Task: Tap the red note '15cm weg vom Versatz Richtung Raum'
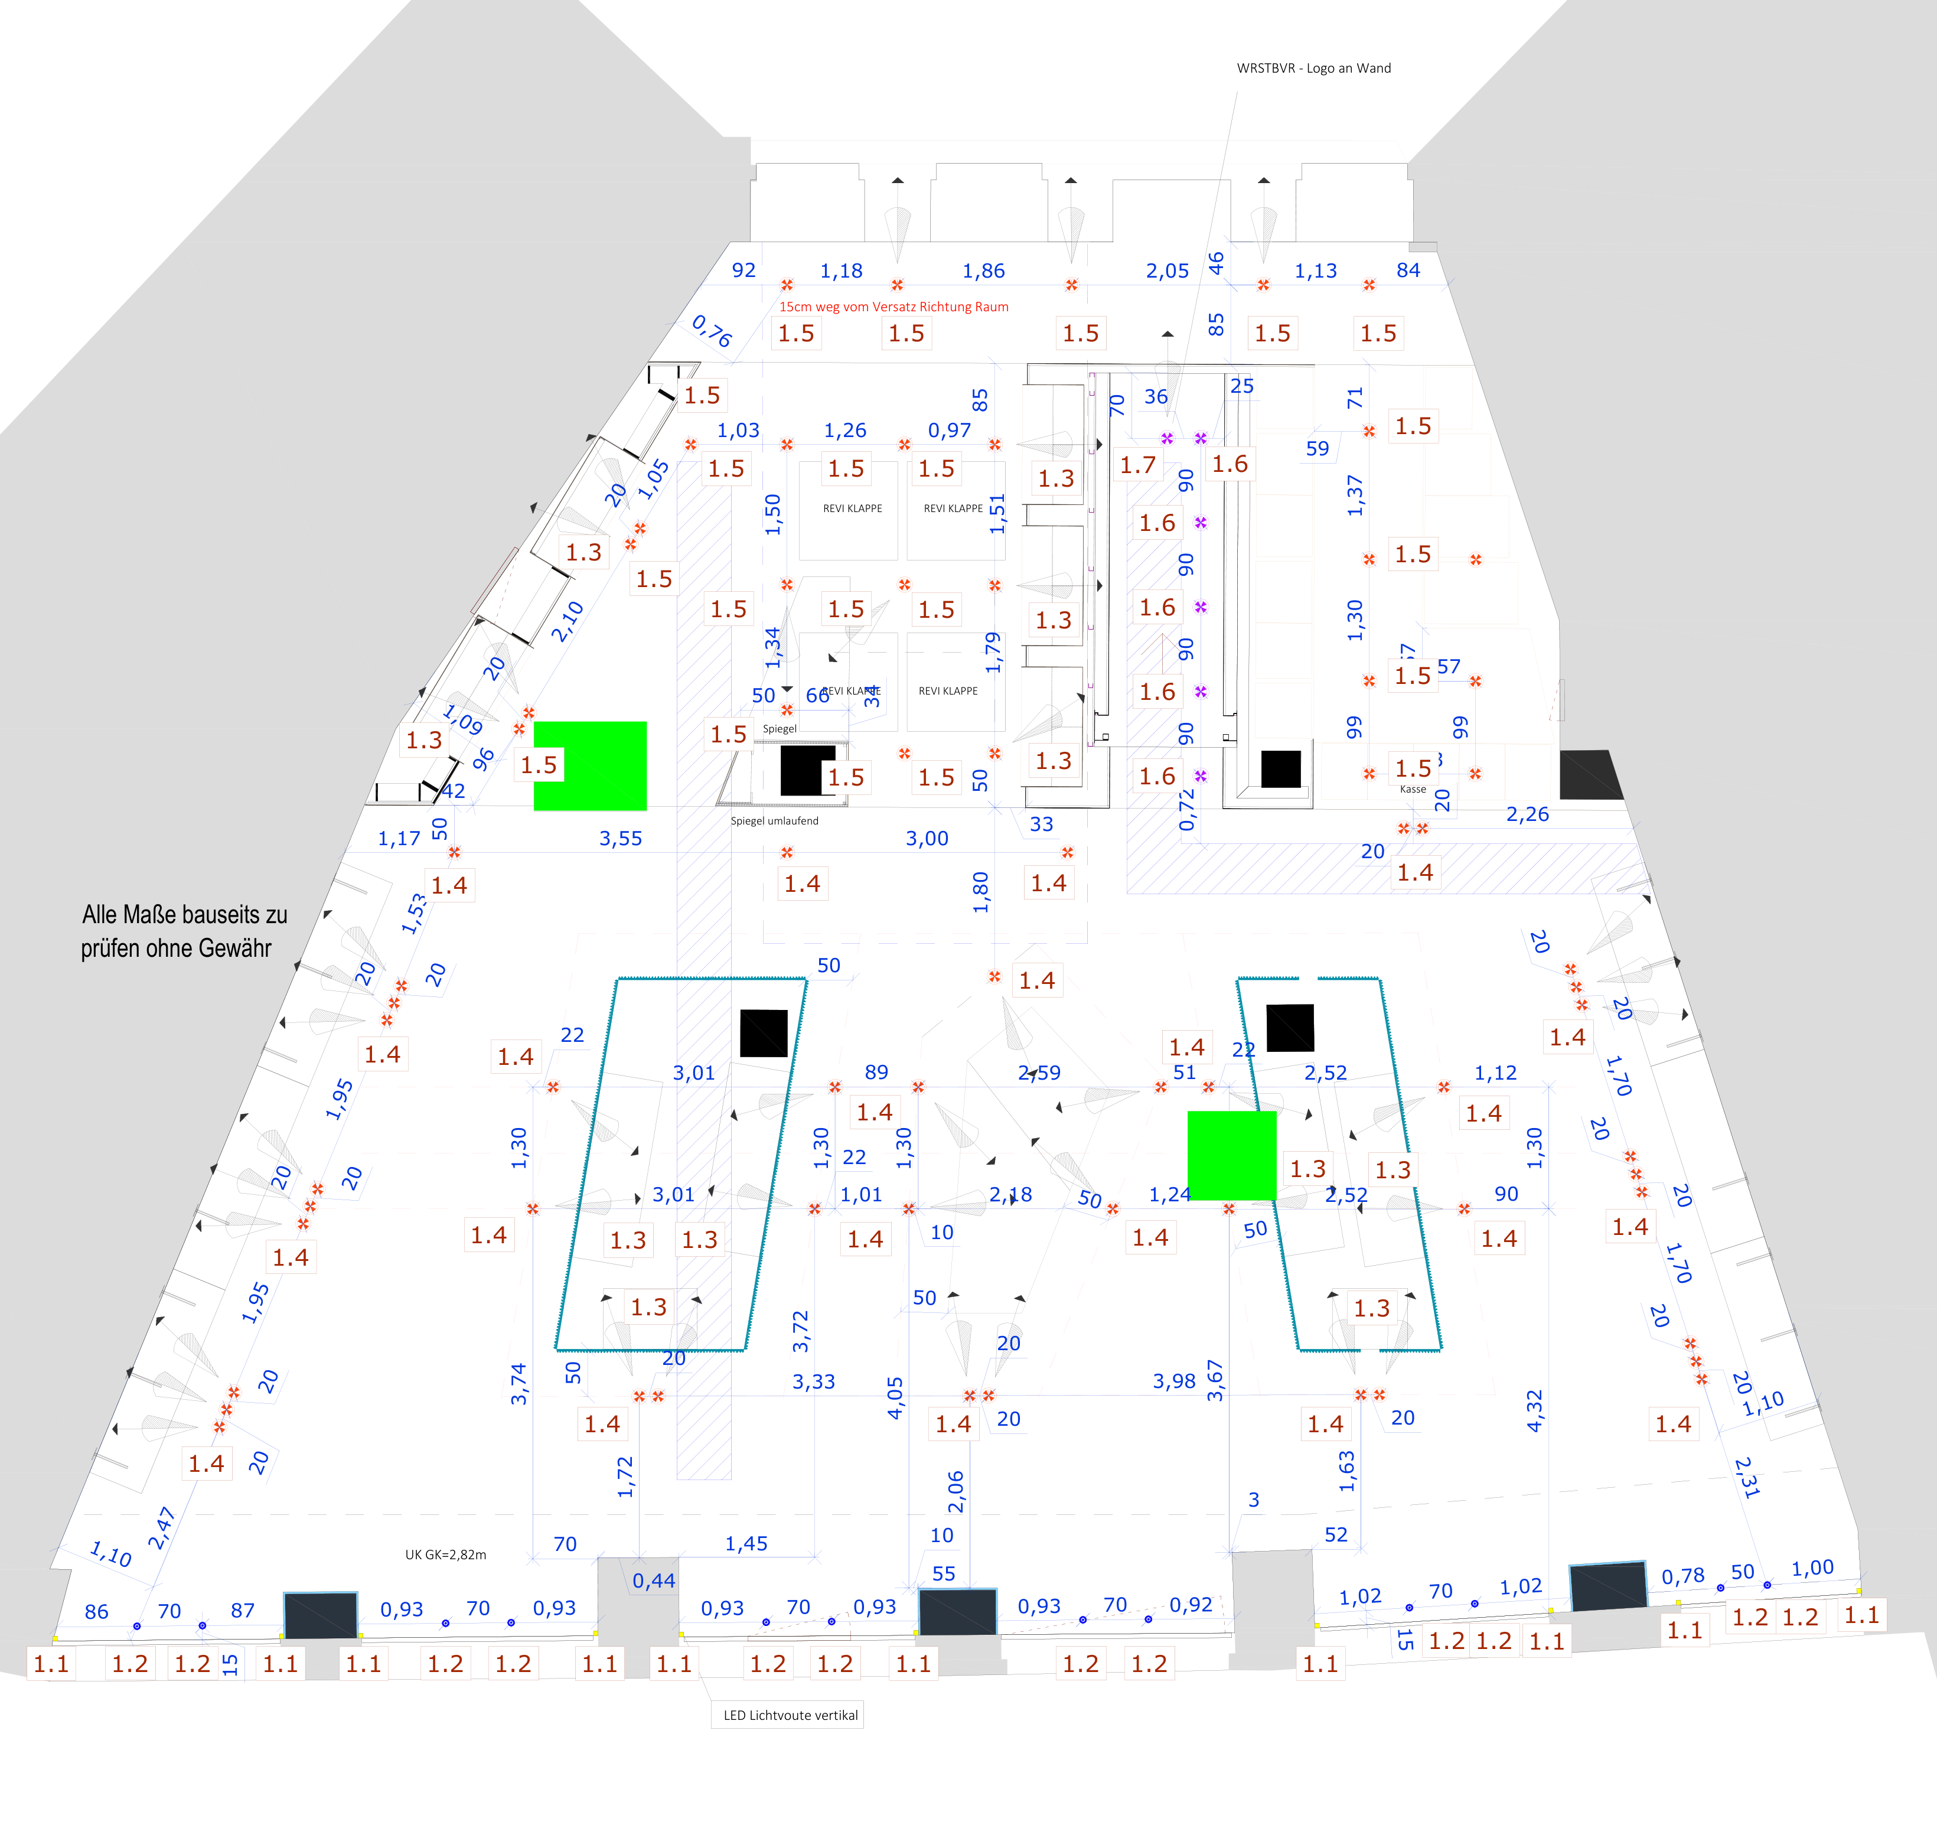click(894, 307)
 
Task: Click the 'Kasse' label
click(1413, 788)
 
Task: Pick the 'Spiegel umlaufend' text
click(774, 821)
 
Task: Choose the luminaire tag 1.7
click(1137, 465)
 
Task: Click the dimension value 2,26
click(1528, 814)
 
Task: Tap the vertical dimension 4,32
click(1534, 1411)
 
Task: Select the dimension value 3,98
click(1174, 1381)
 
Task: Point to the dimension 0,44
click(654, 1580)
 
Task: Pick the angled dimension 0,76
click(712, 331)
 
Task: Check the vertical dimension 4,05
click(895, 1398)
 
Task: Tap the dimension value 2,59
click(1039, 1073)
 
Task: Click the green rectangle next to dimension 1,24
click(1231, 1155)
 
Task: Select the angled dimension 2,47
click(162, 1529)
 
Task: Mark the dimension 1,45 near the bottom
click(746, 1544)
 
